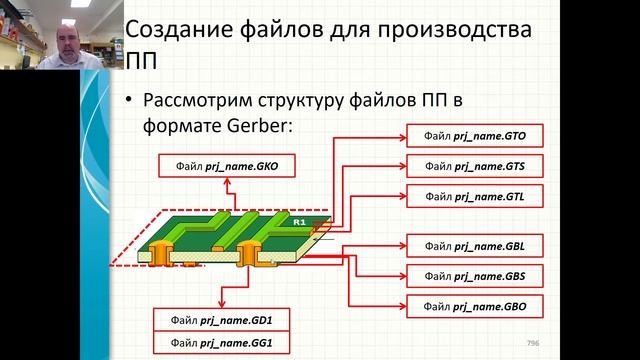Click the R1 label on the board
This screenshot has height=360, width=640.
pyautogui.click(x=299, y=219)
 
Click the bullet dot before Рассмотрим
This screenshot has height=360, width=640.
pyautogui.click(x=129, y=103)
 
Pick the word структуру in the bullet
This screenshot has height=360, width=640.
pyautogui.click(x=310, y=102)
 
